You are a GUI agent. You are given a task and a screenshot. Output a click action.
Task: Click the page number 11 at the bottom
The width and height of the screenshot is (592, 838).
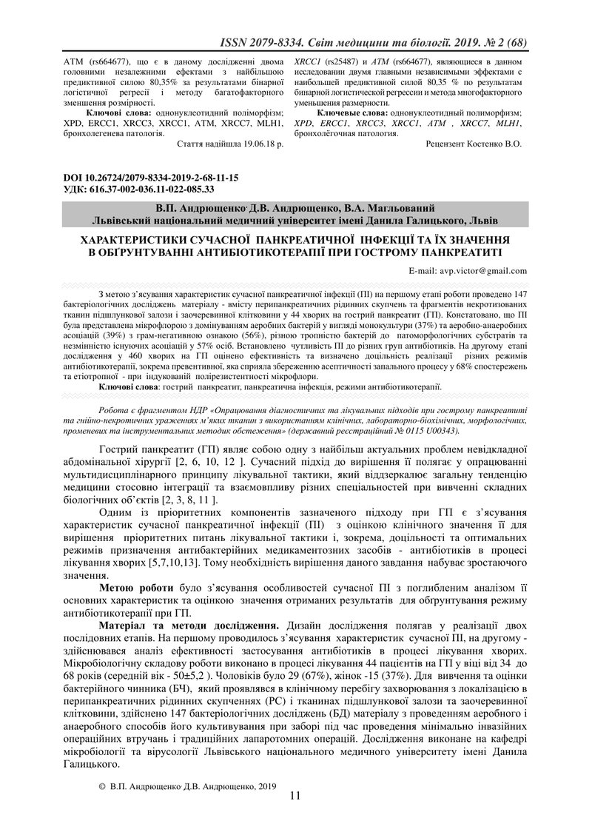point(295,817)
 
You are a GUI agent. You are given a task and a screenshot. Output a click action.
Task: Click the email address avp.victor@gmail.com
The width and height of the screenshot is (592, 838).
point(483,271)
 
